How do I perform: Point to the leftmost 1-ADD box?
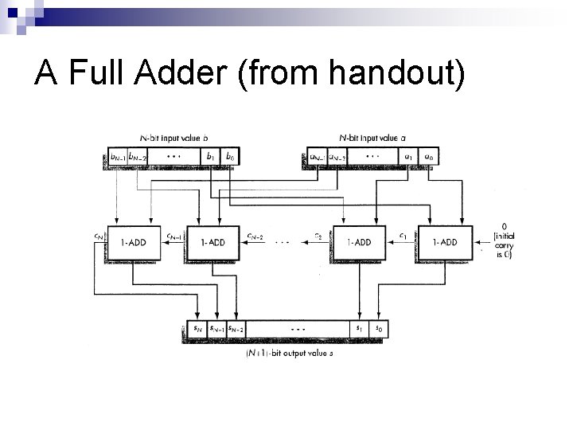(x=133, y=243)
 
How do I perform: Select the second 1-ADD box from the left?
(x=213, y=243)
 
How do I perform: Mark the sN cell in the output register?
(x=195, y=328)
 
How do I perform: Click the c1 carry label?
(x=403, y=235)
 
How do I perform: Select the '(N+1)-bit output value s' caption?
(x=288, y=354)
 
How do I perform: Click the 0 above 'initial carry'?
(x=502, y=225)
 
